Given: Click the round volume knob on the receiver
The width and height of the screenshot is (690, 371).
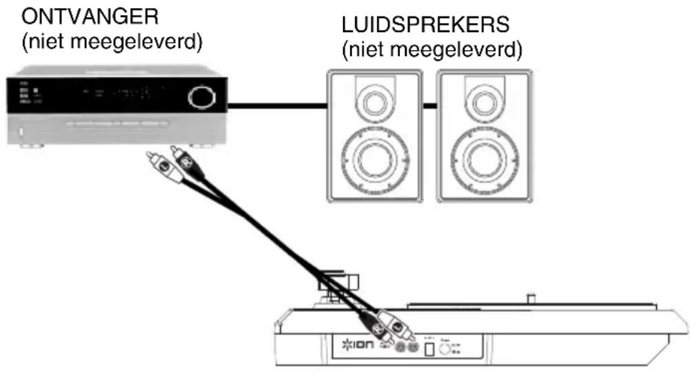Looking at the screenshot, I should click(200, 97).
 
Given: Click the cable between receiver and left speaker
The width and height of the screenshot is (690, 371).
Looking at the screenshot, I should click(277, 107).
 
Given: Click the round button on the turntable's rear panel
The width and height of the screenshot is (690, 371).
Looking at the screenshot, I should click(446, 348).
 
